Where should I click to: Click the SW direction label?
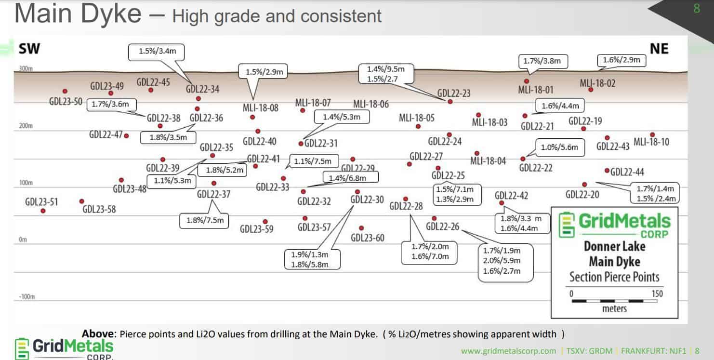pyautogui.click(x=29, y=49)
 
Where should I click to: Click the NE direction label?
pyautogui.click(x=659, y=49)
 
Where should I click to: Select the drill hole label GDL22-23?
pyautogui.click(x=454, y=93)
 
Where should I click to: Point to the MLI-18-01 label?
pyautogui.click(x=535, y=90)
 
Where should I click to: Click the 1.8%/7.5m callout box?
pyautogui.click(x=205, y=220)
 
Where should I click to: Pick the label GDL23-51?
pyautogui.click(x=41, y=201)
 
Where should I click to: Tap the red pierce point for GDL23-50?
pyautogui.click(x=65, y=91)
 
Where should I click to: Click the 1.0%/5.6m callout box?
pyautogui.click(x=559, y=147)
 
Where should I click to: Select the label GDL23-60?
pyautogui.click(x=368, y=238)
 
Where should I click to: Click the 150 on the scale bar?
pyautogui.click(x=657, y=293)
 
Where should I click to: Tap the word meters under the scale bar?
pyautogui.click(x=614, y=308)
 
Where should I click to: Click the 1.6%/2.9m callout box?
pyautogui.click(x=621, y=60)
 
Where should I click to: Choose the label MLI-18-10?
pyautogui.click(x=651, y=142)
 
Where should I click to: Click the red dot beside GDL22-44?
pyautogui.click(x=607, y=171)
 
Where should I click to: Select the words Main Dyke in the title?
pyautogui.click(x=78, y=14)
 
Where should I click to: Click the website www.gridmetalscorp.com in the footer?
pyautogui.click(x=508, y=351)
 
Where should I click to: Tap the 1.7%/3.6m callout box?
pyautogui.click(x=111, y=104)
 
